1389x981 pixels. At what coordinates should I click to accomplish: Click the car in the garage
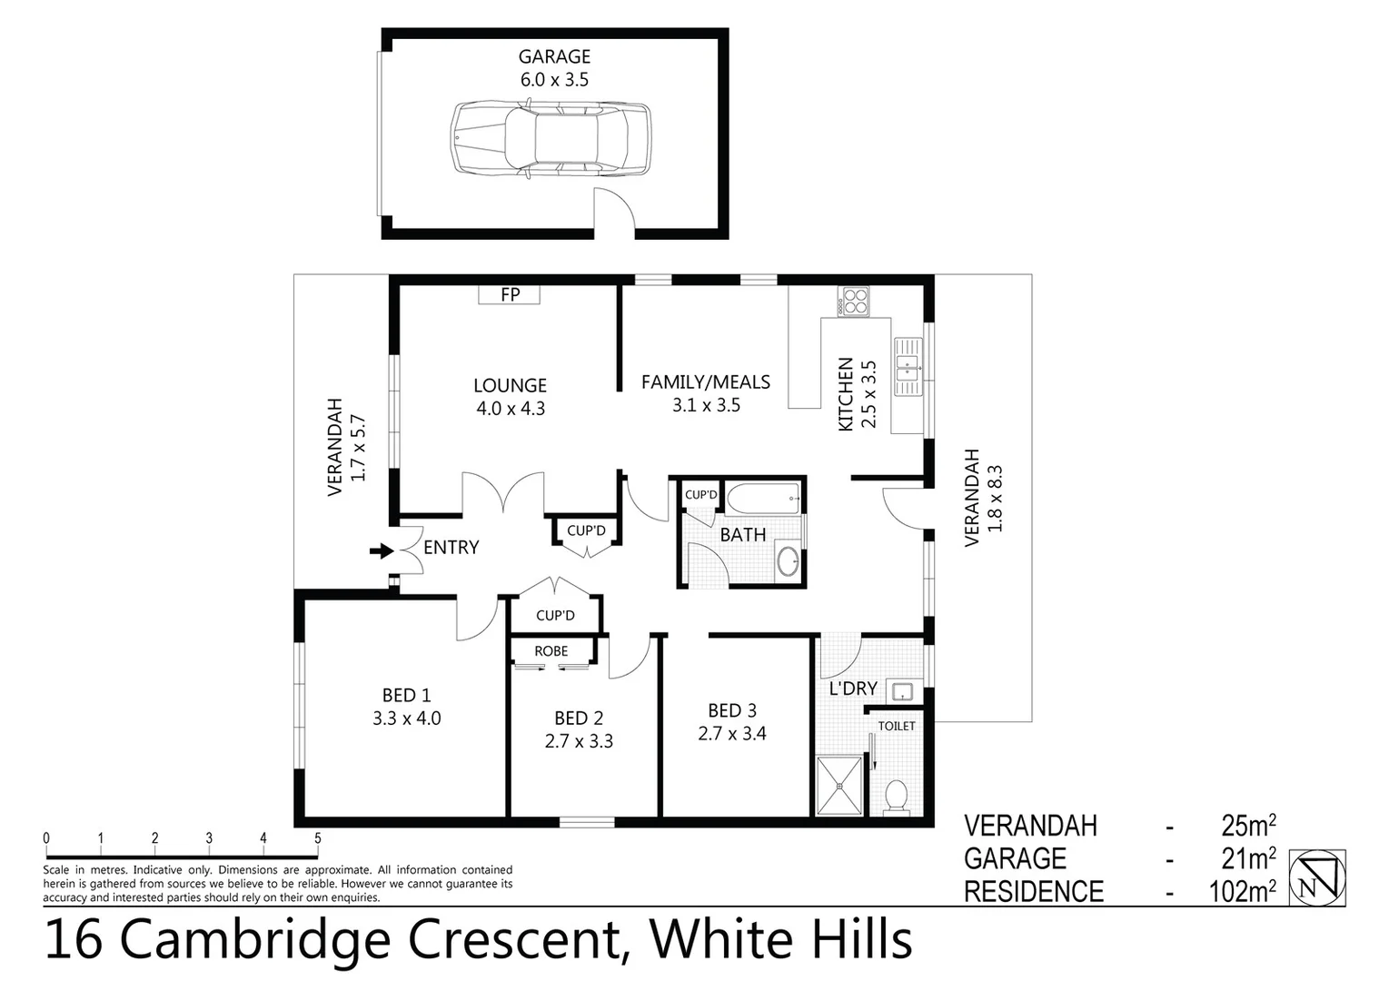551,138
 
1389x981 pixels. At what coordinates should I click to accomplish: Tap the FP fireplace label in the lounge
511,295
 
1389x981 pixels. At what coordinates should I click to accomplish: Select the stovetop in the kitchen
855,301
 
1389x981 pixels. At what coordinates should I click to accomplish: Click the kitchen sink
908,368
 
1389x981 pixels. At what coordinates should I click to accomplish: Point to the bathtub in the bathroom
764,498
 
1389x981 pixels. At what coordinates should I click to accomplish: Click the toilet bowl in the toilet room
896,796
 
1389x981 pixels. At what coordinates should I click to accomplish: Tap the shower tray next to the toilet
841,786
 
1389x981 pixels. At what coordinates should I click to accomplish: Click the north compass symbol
1318,877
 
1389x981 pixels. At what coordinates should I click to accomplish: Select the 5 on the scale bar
318,838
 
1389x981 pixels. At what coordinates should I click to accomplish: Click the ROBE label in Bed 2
551,651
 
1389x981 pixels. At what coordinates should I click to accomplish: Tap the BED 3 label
732,710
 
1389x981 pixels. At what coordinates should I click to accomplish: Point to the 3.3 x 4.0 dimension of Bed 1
406,718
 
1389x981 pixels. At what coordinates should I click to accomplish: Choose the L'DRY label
853,689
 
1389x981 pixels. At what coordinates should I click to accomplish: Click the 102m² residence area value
1242,892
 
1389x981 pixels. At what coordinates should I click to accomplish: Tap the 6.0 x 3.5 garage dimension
554,80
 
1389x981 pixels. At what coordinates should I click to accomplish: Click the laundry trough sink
901,691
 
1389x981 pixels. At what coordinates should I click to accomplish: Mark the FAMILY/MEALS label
706,382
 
